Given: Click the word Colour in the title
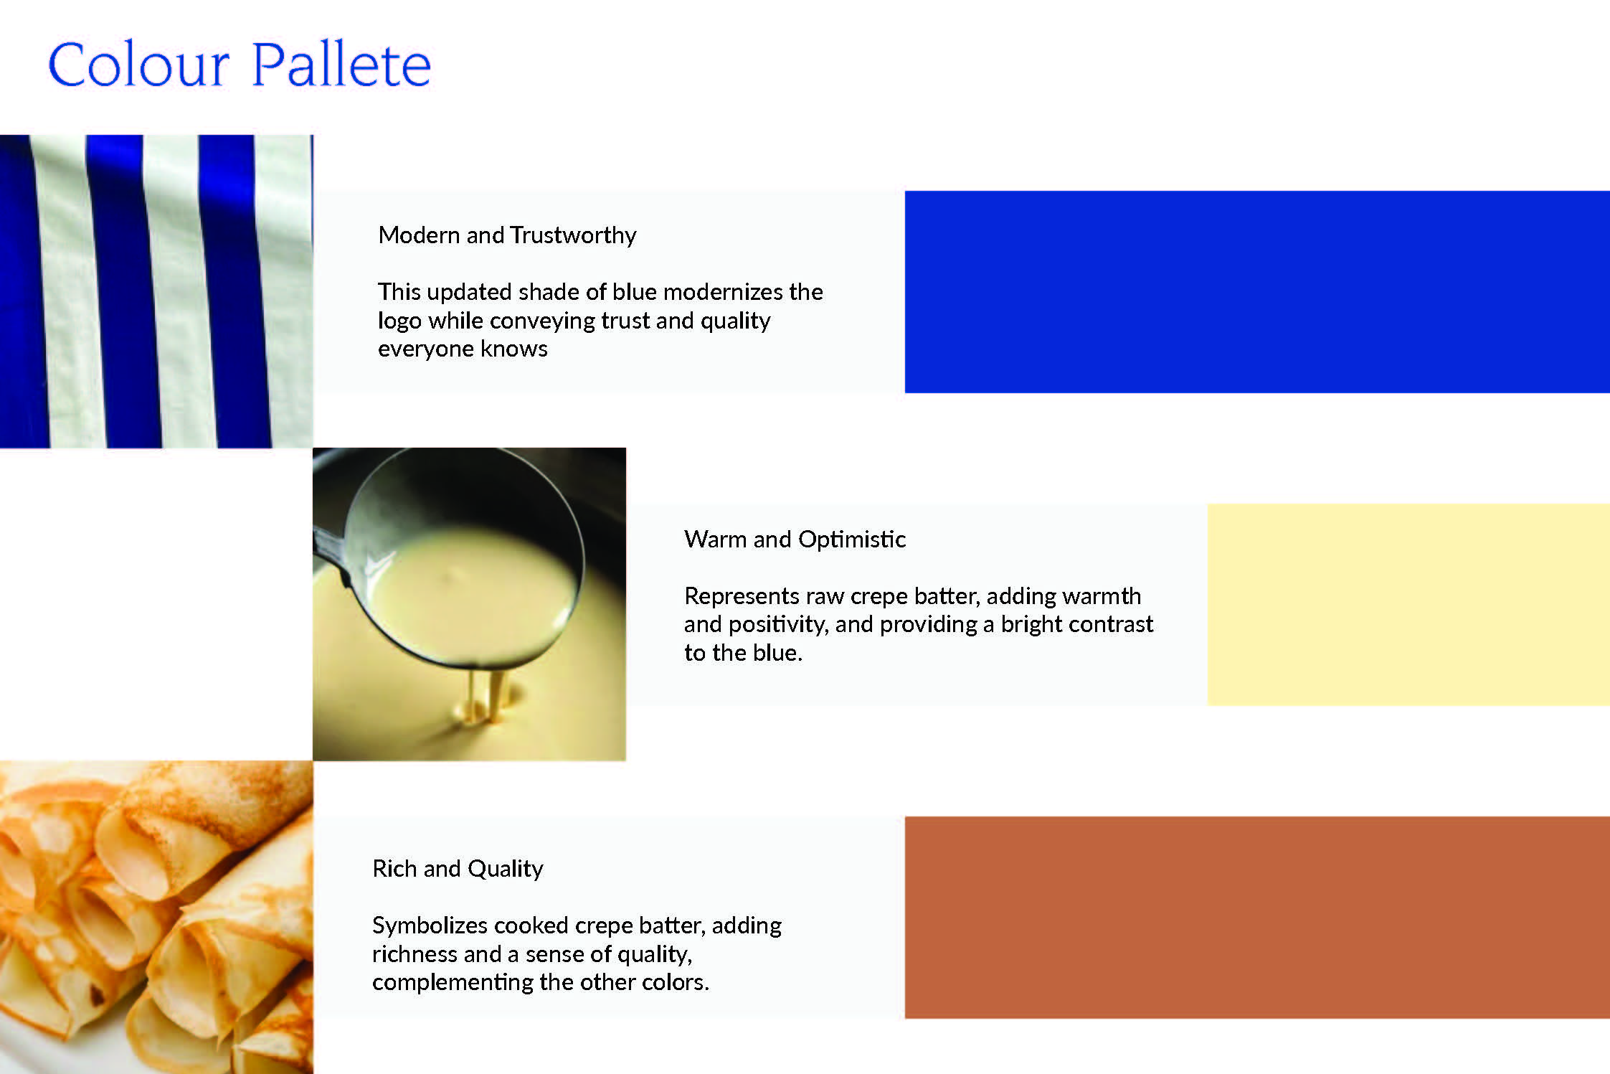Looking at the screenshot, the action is (x=138, y=65).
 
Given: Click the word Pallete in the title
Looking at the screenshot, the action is (x=341, y=64).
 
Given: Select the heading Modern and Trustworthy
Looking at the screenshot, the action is (x=507, y=235).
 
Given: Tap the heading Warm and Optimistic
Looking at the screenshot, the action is (x=795, y=539).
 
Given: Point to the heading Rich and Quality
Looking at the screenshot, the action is (x=458, y=869).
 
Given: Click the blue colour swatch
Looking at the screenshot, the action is (x=1257, y=291).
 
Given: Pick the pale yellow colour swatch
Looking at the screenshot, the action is (x=1408, y=604).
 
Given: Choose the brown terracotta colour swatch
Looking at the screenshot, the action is (x=1257, y=917).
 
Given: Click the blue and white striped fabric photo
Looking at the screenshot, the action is (x=156, y=291).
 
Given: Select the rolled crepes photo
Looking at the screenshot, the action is (x=156, y=917).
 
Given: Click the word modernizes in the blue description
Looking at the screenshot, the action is (x=723, y=292).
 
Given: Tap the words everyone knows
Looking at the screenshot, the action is (x=463, y=349).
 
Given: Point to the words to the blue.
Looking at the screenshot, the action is (x=743, y=653).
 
